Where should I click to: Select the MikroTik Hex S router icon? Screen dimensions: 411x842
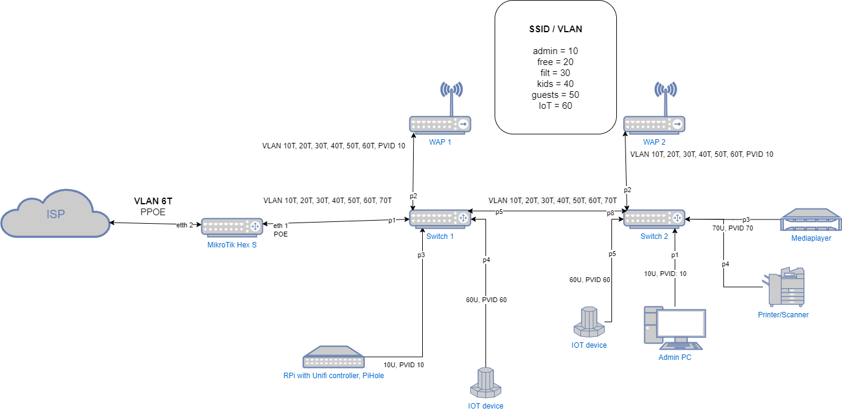tap(232, 227)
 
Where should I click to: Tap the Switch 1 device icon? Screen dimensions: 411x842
tap(440, 219)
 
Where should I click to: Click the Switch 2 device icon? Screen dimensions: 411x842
tap(654, 219)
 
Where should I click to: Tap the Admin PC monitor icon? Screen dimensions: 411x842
tap(675, 328)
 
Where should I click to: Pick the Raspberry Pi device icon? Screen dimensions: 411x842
tap(333, 357)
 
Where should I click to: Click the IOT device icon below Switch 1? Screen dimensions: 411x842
tap(485, 383)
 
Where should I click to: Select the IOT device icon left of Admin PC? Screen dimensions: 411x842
tap(589, 322)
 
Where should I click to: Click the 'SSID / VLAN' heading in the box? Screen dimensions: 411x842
tap(555, 29)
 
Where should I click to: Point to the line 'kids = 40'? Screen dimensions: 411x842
tap(555, 83)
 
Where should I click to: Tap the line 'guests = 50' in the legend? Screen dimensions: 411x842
tap(555, 94)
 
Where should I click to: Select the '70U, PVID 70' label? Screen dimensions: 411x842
tap(732, 229)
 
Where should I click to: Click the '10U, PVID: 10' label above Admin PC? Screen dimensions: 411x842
tap(665, 274)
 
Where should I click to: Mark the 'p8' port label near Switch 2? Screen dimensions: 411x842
tap(610, 213)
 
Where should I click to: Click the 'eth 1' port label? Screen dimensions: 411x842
tap(280, 225)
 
